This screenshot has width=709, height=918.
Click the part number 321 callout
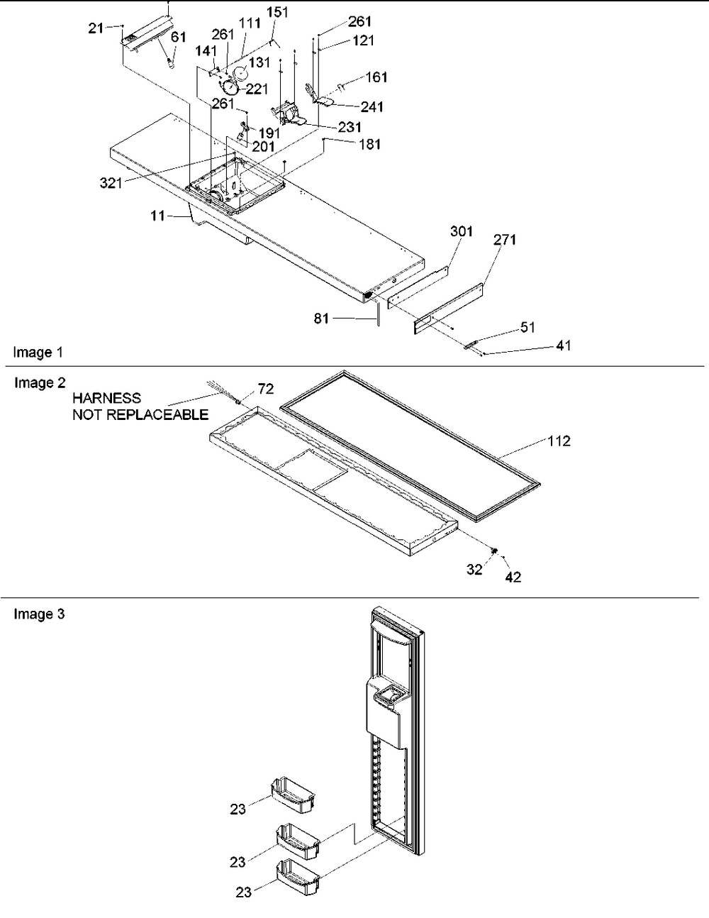point(112,182)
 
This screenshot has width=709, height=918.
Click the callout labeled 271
point(506,240)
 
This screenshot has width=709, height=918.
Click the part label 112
point(559,441)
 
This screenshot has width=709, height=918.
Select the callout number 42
point(513,577)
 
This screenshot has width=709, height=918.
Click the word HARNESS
point(106,399)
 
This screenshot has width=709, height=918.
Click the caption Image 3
point(39,614)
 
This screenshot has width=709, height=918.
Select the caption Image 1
point(33,353)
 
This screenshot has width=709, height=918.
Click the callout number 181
point(369,145)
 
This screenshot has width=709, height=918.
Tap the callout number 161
point(376,77)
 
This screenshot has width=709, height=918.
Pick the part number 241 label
point(372,107)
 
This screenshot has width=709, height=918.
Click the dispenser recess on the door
point(384,699)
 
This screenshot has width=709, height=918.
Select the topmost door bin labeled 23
point(292,795)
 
